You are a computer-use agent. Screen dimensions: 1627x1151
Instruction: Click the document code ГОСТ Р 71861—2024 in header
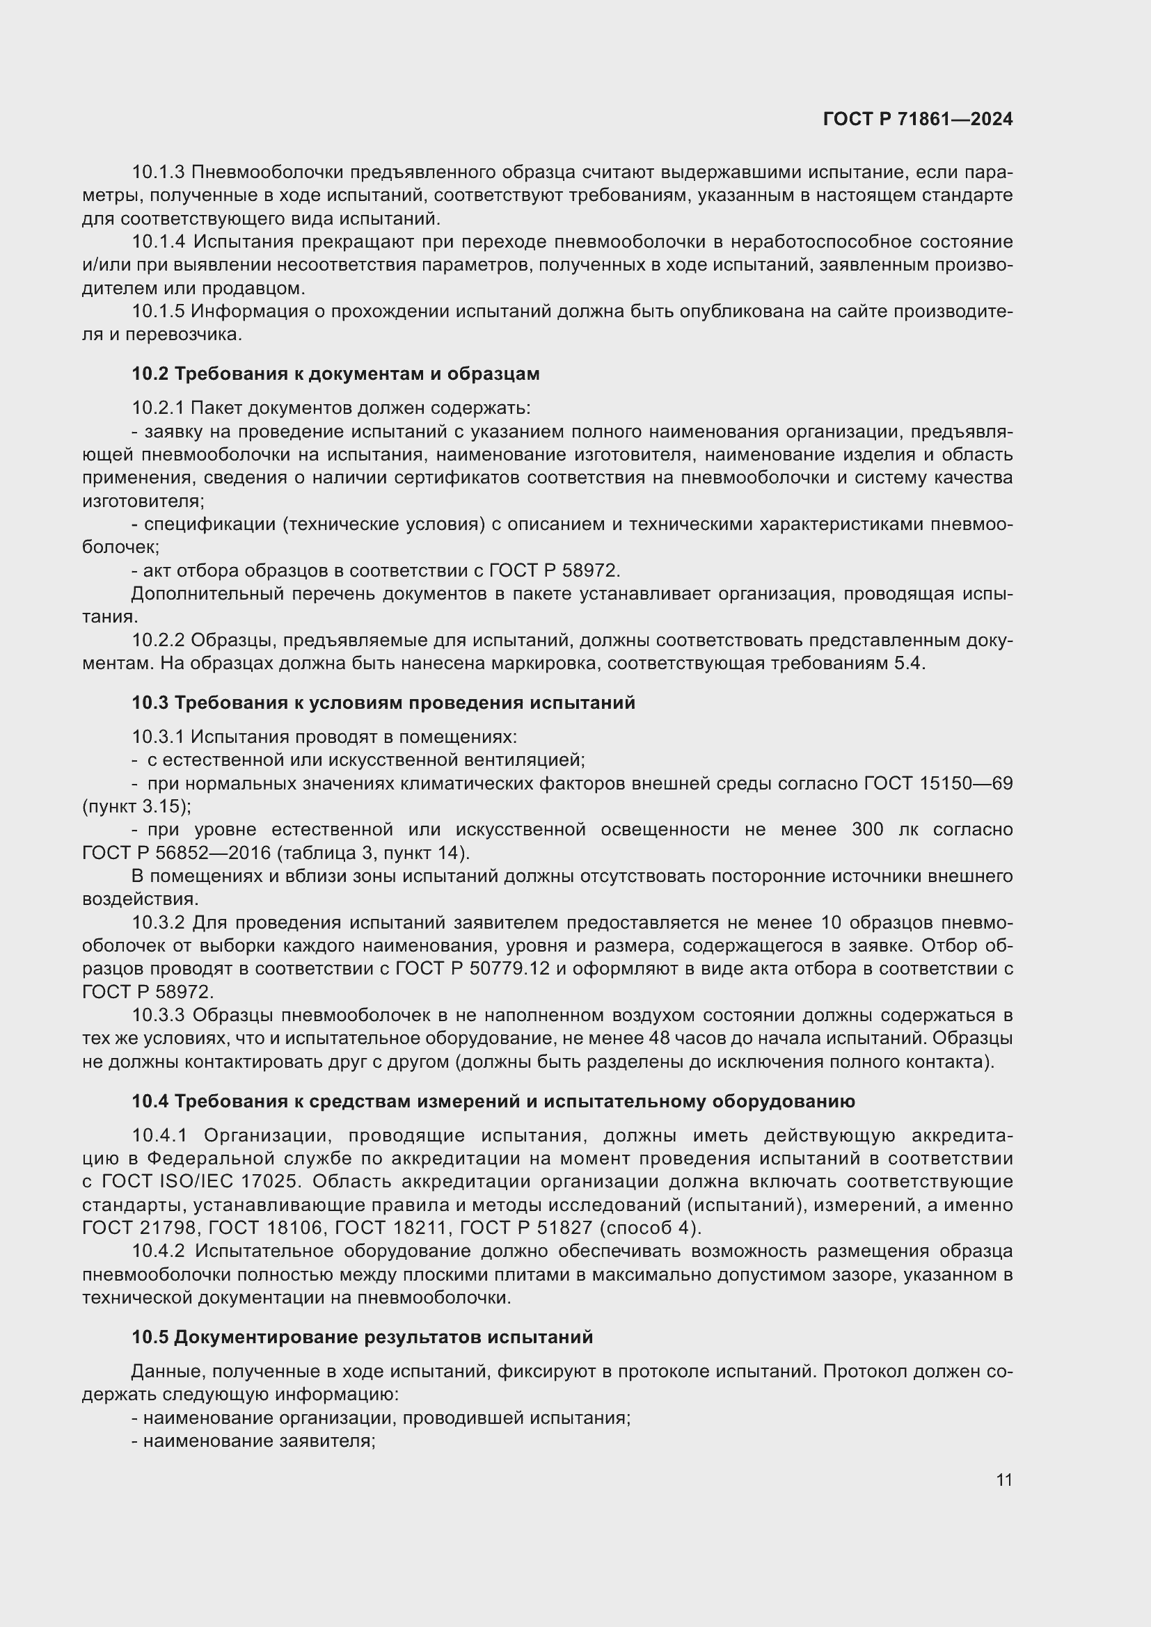coord(917,119)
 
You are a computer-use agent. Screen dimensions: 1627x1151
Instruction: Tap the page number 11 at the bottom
coord(1003,1480)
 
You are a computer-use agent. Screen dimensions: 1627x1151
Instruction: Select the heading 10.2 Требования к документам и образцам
coord(335,374)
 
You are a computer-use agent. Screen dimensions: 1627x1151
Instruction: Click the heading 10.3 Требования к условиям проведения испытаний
coord(383,703)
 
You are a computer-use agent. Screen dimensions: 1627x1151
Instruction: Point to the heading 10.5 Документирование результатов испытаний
coord(361,1337)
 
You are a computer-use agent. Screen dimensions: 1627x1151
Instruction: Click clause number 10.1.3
coord(158,173)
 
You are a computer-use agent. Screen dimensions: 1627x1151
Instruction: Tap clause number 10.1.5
coord(158,311)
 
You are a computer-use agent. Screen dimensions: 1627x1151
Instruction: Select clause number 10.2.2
coord(158,640)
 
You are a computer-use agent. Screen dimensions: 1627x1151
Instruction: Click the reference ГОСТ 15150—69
coord(937,783)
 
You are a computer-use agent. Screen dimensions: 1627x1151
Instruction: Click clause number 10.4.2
coord(158,1251)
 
